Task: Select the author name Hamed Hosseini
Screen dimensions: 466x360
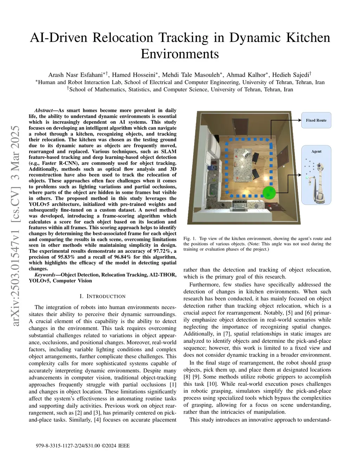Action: (x=134, y=75)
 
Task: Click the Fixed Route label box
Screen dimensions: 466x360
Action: (x=316, y=120)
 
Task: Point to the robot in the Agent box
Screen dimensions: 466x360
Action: (x=320, y=183)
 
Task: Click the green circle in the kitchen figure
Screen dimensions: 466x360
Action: (x=269, y=192)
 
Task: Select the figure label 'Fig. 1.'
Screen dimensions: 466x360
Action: (x=190, y=238)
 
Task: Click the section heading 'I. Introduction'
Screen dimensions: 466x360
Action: (x=102, y=296)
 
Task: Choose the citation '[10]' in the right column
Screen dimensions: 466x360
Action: (x=212, y=384)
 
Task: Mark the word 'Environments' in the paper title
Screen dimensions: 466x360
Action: (x=180, y=54)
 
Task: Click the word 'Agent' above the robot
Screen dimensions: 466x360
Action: (x=316, y=152)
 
